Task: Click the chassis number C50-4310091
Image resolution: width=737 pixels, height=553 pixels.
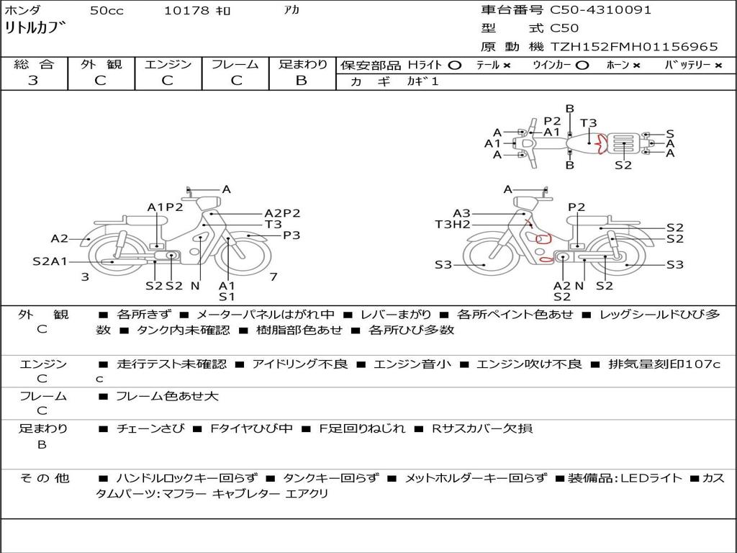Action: click(601, 9)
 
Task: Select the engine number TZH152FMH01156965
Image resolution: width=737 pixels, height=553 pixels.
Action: click(634, 47)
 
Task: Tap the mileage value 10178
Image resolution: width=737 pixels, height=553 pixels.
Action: click(186, 10)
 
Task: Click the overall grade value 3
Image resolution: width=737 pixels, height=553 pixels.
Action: click(33, 81)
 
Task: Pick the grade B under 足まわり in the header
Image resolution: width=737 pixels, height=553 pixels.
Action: click(302, 81)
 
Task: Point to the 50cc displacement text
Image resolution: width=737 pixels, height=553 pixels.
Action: click(107, 10)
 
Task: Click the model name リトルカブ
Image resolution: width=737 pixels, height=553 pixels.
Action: click(35, 27)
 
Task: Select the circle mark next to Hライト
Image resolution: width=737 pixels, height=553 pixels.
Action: click(455, 66)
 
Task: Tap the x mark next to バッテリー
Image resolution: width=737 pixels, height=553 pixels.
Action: click(718, 66)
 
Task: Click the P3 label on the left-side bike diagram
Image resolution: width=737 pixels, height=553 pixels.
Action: click(291, 235)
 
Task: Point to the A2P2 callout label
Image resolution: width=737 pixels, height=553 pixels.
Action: click(282, 213)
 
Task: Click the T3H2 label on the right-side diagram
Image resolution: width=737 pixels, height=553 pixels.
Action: click(453, 225)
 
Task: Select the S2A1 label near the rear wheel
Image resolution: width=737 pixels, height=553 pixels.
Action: click(50, 261)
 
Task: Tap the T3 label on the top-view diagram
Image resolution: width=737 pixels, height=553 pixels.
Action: click(589, 123)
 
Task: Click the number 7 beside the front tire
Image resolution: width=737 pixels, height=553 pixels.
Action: click(273, 276)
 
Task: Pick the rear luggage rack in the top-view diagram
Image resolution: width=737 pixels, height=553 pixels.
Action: click(623, 143)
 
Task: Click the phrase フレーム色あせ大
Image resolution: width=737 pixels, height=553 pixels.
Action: click(167, 396)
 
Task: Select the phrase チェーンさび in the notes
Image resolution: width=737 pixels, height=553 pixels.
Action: click(150, 428)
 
